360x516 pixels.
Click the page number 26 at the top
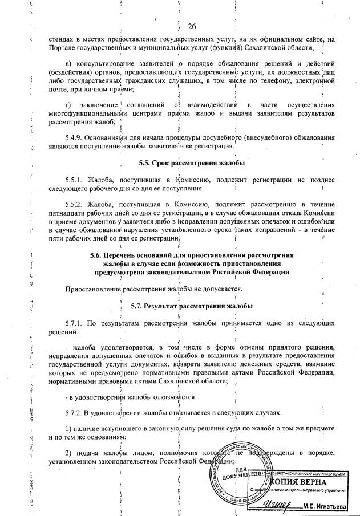pyautogui.click(x=192, y=26)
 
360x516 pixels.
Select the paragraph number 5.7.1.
pyautogui.click(x=75, y=322)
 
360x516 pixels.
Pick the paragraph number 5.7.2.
pyautogui.click(x=75, y=412)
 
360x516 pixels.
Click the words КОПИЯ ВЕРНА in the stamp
pyautogui.click(x=313, y=482)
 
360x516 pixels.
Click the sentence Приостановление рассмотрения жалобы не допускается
pyautogui.click(x=152, y=290)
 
